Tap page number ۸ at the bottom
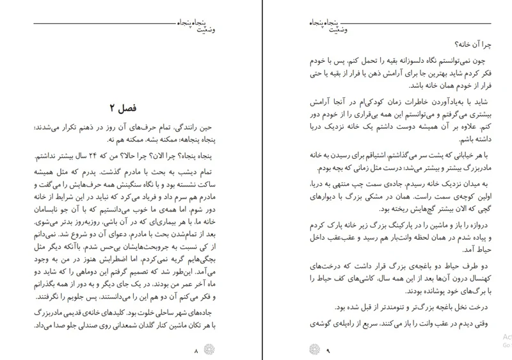[x=196, y=350]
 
